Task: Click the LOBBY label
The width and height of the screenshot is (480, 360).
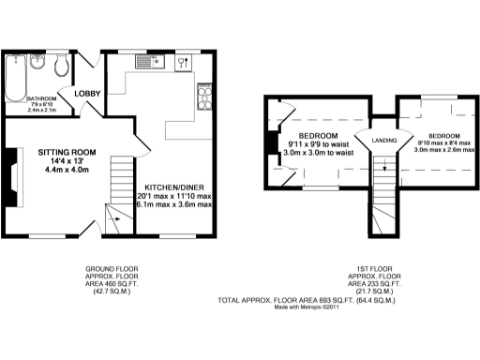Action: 88,94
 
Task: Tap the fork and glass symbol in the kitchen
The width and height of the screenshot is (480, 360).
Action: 183,63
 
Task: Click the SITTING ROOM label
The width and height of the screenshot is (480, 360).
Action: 67,152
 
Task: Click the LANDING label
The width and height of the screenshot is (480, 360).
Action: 384,142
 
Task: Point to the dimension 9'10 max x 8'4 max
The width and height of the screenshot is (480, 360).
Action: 440,142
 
